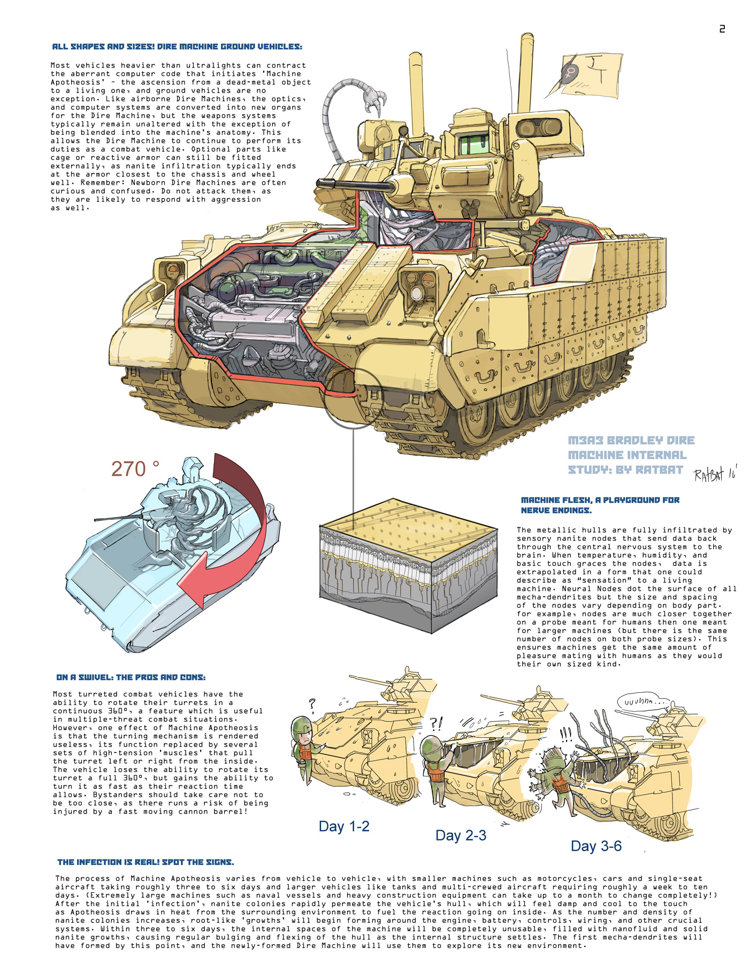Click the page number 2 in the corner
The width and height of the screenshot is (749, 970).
(x=722, y=29)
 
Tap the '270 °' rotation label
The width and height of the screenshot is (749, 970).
(x=135, y=469)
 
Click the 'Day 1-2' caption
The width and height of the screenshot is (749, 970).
(x=344, y=827)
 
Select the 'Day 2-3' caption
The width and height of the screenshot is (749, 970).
(x=461, y=836)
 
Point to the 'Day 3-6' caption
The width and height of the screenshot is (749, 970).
(x=596, y=846)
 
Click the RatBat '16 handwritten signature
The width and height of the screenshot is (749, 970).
(x=715, y=474)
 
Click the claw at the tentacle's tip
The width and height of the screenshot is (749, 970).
(x=377, y=102)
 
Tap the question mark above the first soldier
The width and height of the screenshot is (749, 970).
(x=312, y=703)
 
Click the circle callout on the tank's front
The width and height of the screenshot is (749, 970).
(x=354, y=398)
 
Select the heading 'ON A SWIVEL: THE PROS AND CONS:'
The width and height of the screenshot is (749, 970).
(x=131, y=678)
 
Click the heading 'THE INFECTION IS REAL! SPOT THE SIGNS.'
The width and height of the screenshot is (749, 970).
(x=146, y=862)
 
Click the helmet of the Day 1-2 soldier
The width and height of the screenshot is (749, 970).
(x=301, y=725)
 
